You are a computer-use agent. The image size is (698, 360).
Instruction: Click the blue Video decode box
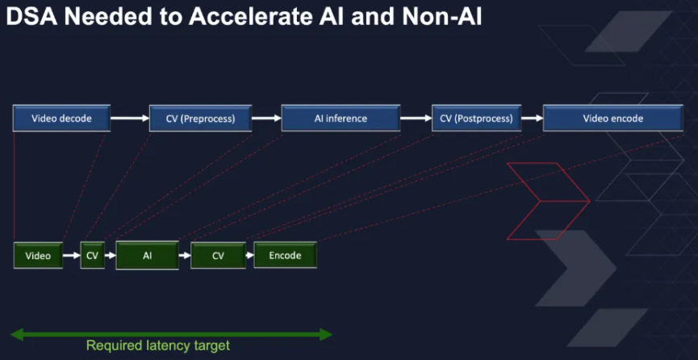click(61, 118)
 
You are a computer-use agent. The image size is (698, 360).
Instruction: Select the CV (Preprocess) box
click(200, 119)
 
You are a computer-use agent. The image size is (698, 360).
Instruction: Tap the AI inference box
click(341, 118)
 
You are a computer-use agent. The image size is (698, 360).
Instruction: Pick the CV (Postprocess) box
click(476, 119)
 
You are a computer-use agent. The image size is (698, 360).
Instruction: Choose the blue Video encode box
click(613, 118)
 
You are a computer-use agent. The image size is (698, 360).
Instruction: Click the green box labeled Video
click(38, 255)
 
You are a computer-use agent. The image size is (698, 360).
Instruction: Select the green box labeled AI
click(148, 255)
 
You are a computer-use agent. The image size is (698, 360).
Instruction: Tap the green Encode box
click(285, 255)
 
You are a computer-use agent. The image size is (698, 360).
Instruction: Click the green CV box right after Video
click(93, 255)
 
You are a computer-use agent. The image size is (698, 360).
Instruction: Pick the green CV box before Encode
click(218, 255)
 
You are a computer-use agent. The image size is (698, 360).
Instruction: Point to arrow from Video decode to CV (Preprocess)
click(130, 118)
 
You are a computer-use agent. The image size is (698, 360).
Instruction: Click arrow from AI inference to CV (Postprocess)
click(416, 118)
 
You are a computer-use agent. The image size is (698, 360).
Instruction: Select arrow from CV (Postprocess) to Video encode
click(532, 118)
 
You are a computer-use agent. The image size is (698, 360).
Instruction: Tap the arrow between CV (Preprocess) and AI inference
click(266, 118)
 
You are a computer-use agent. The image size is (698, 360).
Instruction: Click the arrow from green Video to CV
click(72, 255)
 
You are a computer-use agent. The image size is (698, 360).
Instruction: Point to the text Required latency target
click(158, 345)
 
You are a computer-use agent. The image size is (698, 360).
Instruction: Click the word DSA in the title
click(32, 18)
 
